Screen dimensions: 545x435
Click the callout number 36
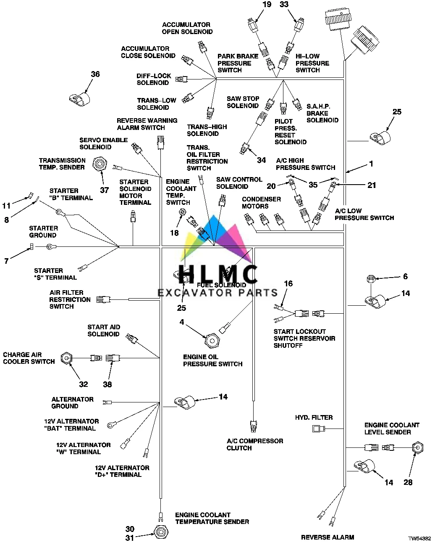(x=95, y=74)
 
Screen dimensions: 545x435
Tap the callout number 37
(x=104, y=190)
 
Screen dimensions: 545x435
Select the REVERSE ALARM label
(x=327, y=537)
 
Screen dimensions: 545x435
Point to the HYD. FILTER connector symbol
(x=318, y=429)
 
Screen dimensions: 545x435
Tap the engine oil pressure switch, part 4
(x=211, y=337)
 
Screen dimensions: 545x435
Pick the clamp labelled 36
(x=79, y=99)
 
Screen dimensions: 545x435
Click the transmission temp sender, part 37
(x=100, y=163)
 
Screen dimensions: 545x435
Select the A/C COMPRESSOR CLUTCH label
(x=255, y=444)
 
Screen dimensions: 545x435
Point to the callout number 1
(x=371, y=164)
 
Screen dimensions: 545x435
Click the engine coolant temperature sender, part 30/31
(x=160, y=532)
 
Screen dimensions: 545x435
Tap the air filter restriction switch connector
(x=103, y=299)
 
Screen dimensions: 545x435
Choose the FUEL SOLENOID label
(x=221, y=285)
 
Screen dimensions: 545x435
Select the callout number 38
(x=107, y=384)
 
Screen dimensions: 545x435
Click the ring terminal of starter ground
(x=51, y=247)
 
